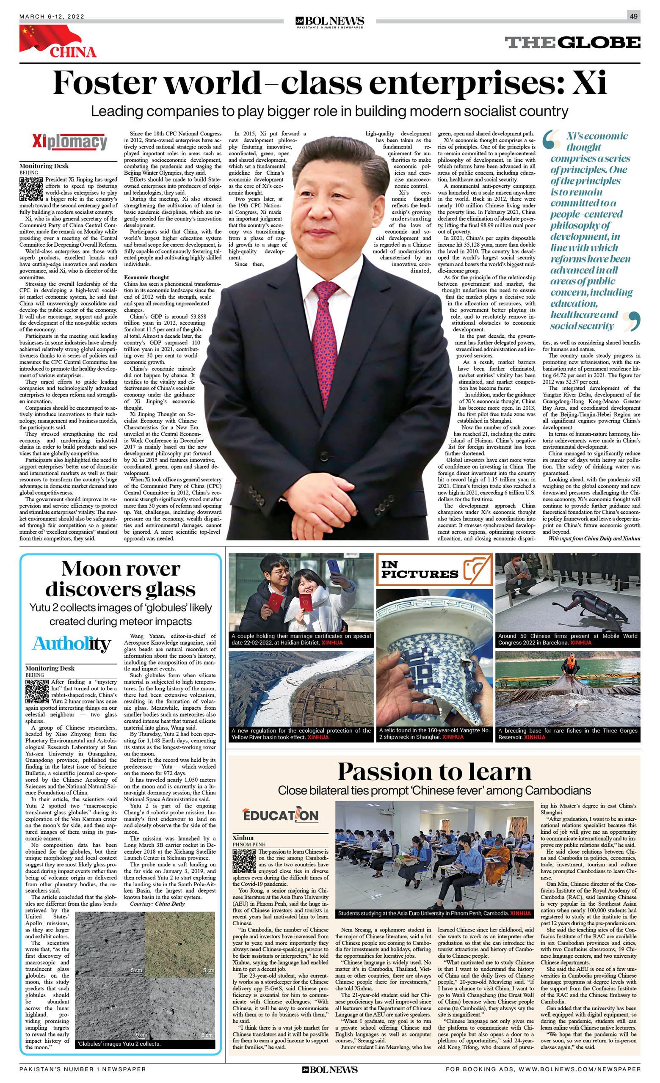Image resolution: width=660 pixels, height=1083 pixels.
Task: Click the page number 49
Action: pos(633,16)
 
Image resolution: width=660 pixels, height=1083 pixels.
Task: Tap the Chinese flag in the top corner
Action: pos(42,37)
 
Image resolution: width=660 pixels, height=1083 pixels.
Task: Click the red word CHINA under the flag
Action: pos(73,52)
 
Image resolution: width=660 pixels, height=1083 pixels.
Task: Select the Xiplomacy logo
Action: pos(69,141)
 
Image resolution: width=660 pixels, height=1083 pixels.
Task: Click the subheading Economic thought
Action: pos(146,277)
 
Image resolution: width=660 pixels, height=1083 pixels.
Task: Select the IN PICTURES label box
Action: pos(434,570)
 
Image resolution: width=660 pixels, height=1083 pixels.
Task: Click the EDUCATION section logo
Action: pos(281,816)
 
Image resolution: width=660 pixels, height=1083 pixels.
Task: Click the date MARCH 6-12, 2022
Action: pos(52,17)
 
